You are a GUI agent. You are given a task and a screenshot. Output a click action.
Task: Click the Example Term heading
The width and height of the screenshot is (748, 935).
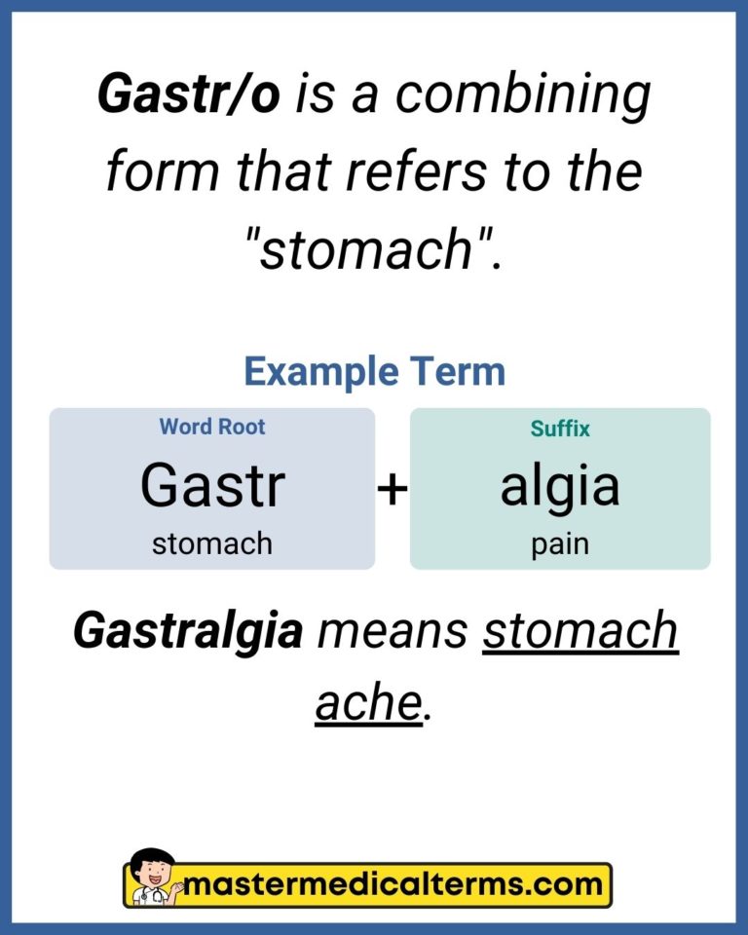tap(374, 371)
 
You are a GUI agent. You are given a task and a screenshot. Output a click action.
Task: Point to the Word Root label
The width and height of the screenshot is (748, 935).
tap(212, 427)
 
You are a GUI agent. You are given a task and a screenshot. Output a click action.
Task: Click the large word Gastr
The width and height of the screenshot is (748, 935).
tap(212, 485)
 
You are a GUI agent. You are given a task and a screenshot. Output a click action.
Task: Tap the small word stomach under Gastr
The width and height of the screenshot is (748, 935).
tap(212, 543)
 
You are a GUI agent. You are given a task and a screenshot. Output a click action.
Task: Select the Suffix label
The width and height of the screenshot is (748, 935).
tap(560, 428)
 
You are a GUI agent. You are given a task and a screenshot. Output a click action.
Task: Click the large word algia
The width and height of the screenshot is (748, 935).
tap(560, 485)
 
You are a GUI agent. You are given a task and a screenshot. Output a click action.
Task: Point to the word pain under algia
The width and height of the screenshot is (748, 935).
tap(560, 543)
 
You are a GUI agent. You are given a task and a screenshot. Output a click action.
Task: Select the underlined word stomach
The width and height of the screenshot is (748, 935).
tap(580, 632)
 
